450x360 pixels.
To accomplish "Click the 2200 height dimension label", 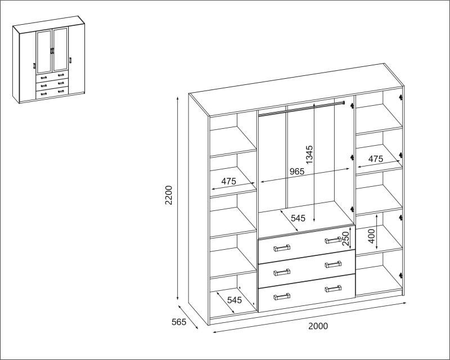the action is (169, 195).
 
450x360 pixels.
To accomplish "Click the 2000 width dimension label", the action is (318, 326).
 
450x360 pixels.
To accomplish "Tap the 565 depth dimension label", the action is (179, 322).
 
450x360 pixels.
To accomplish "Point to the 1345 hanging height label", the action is (309, 155).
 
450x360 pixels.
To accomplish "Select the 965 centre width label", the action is (297, 172).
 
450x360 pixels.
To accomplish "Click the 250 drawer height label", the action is (346, 238).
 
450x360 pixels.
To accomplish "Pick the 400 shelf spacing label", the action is (371, 236).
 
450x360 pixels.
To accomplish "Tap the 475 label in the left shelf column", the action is (229, 181).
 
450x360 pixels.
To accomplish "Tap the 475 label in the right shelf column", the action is (376, 159).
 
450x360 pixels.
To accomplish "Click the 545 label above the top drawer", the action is (298, 218).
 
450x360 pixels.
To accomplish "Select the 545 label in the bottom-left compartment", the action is (235, 300).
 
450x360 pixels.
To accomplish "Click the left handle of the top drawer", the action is (282, 248).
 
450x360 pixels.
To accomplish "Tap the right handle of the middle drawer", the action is (333, 264).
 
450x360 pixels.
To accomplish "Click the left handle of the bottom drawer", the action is (282, 297).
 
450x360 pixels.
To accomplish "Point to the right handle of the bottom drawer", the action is (333, 289).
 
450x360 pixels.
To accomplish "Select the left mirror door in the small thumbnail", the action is (44, 52).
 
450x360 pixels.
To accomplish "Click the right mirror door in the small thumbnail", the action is (60, 49).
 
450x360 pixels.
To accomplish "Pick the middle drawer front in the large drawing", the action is (307, 268).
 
